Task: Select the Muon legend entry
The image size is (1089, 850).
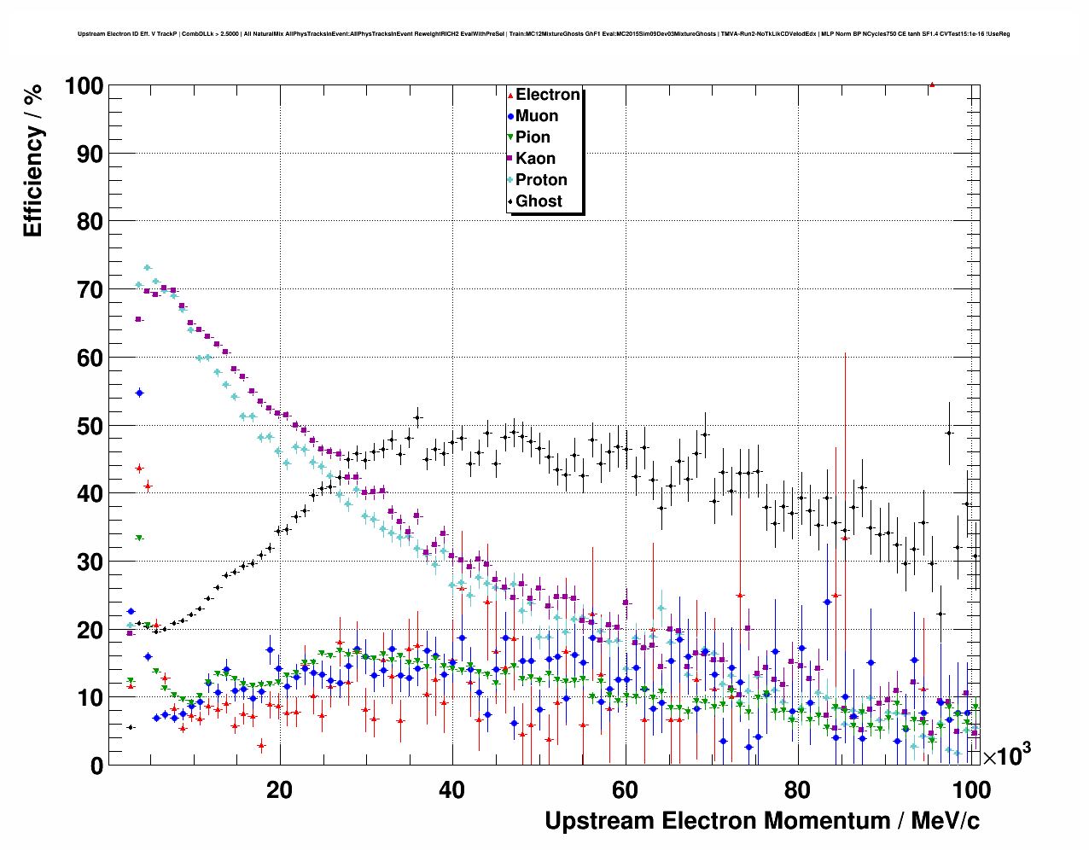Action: (x=536, y=116)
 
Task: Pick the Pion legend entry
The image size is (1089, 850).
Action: (x=533, y=137)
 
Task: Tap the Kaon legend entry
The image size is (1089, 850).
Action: (x=535, y=159)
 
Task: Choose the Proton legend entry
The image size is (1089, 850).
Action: (x=541, y=180)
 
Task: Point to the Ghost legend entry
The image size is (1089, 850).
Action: (x=539, y=201)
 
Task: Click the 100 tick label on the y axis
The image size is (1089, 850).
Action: (x=83, y=86)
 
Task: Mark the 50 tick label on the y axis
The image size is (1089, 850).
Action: (x=89, y=426)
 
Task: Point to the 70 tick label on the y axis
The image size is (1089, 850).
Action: (x=89, y=290)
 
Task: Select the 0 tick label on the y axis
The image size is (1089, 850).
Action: (x=96, y=766)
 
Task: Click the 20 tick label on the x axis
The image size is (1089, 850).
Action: (x=279, y=789)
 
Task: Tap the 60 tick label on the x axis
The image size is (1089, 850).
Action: (x=625, y=789)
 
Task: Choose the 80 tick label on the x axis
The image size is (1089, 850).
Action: (x=797, y=789)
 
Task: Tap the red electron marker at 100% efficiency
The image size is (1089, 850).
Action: (x=932, y=85)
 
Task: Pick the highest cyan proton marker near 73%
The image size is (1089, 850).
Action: (x=147, y=268)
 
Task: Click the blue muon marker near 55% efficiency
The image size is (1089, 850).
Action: (x=139, y=393)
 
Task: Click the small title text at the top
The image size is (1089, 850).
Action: (x=544, y=34)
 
